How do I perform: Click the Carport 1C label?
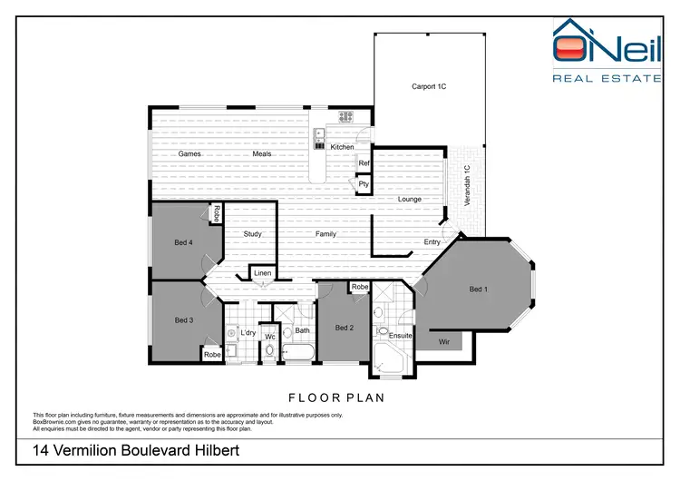(430, 87)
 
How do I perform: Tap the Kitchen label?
(342, 147)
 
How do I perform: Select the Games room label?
(189, 154)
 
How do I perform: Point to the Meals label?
(262, 154)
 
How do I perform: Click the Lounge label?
(410, 199)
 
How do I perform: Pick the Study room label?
(253, 234)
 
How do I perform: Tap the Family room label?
(325, 234)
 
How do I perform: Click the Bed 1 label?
(478, 290)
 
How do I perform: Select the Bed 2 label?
(344, 328)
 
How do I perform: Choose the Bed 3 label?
(184, 320)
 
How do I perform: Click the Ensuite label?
(401, 336)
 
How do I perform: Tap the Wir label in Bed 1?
(444, 342)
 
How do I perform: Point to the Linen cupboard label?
(262, 273)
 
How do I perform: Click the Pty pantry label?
(364, 184)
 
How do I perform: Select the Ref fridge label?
(364, 163)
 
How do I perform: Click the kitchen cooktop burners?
(345, 116)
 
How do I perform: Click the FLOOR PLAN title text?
(336, 398)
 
